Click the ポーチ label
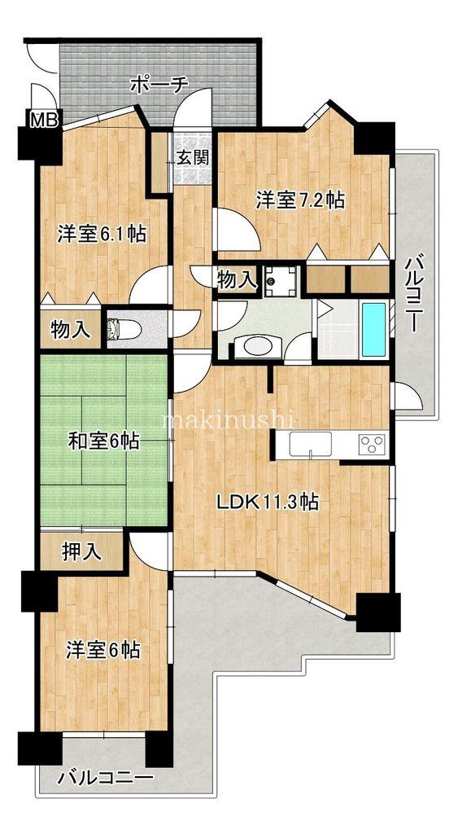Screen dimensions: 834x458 pos(159,84)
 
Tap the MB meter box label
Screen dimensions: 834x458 pos(44,121)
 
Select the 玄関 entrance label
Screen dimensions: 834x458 pos(194,156)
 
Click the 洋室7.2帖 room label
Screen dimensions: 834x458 pos(299,200)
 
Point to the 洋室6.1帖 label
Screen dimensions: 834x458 pos(102,235)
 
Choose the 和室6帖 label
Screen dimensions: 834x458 pos(103,442)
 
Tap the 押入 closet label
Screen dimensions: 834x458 pos(81,551)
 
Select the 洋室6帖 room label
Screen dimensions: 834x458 pos(103,650)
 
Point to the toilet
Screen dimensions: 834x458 pos(122,330)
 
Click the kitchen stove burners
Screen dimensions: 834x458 pos(372,445)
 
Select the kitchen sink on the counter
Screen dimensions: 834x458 pos(309,445)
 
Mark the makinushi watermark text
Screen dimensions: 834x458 pos(228,420)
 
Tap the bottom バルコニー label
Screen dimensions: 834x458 pos(105,778)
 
